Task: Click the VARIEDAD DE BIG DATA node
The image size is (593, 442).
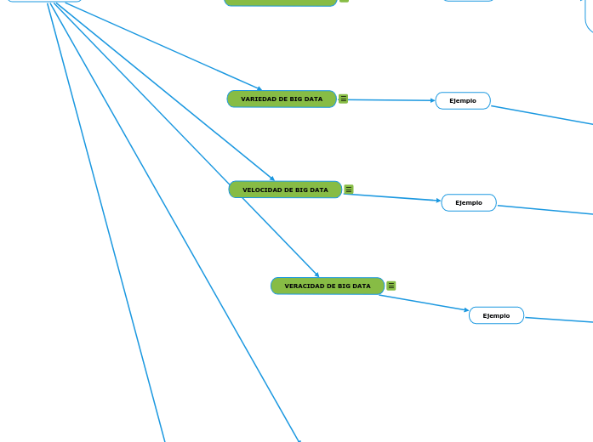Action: pyautogui.click(x=282, y=99)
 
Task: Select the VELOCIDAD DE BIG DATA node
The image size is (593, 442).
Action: pyautogui.click(x=285, y=190)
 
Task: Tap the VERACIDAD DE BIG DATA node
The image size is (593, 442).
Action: pyautogui.click(x=328, y=286)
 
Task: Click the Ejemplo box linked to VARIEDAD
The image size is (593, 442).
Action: pyautogui.click(x=463, y=101)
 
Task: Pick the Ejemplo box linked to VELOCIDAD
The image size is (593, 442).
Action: pyautogui.click(x=469, y=203)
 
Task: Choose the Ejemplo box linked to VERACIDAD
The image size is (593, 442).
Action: pyautogui.click(x=496, y=316)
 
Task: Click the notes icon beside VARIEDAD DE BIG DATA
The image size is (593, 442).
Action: pyautogui.click(x=344, y=99)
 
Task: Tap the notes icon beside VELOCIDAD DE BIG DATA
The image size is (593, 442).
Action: pyautogui.click(x=349, y=190)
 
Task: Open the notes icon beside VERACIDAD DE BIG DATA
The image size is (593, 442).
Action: pyautogui.click(x=391, y=286)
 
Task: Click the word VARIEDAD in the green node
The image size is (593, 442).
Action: pyautogui.click(x=258, y=99)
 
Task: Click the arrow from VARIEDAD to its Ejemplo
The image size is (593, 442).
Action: pyautogui.click(x=387, y=100)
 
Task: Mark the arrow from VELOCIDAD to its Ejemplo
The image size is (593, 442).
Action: pyautogui.click(x=393, y=197)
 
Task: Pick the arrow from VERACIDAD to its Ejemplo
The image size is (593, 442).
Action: pyautogui.click(x=424, y=303)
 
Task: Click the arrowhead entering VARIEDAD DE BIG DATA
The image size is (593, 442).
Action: pyautogui.click(x=259, y=88)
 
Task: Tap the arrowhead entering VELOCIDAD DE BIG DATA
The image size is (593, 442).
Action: pyautogui.click(x=271, y=178)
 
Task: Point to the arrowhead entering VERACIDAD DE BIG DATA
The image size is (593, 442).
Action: pyautogui.click(x=316, y=275)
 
